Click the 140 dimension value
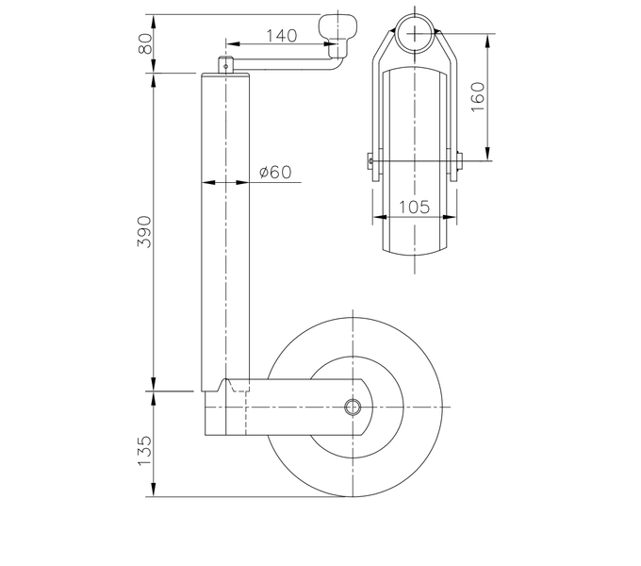(281, 36)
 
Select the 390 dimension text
(144, 231)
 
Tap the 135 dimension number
(144, 450)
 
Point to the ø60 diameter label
(274, 172)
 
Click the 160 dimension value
(477, 94)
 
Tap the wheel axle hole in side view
(353, 407)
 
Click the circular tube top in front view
(415, 34)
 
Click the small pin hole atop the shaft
(227, 65)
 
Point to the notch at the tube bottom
(227, 384)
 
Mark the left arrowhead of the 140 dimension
(229, 43)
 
